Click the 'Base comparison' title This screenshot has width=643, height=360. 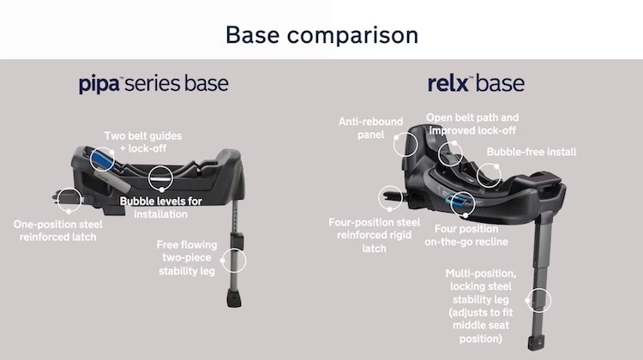(321, 35)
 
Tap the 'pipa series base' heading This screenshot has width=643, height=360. (153, 84)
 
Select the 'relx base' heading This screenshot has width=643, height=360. (476, 84)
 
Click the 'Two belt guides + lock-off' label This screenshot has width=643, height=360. (143, 141)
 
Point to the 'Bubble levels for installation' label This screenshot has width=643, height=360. (160, 207)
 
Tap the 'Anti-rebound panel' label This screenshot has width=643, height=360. (370, 128)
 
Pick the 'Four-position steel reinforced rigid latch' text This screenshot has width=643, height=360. (375, 235)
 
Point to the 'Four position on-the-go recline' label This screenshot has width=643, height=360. (466, 235)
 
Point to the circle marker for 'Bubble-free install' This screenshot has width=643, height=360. (490, 175)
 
